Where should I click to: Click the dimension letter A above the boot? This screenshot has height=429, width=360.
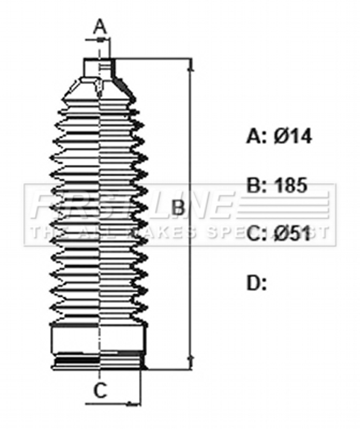click(100, 26)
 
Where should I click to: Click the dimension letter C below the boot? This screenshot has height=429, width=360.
click(100, 390)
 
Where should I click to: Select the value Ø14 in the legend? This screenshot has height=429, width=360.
click(292, 136)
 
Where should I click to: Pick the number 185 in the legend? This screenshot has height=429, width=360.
click(290, 185)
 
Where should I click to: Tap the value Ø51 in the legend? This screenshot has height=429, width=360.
click(292, 233)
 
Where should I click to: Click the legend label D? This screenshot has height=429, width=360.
click(257, 283)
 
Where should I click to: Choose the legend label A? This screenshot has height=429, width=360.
click(256, 136)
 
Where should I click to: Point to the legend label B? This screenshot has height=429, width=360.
click(257, 185)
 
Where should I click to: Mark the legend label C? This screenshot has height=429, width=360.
click(257, 233)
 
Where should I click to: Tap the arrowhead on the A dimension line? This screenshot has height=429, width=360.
click(101, 40)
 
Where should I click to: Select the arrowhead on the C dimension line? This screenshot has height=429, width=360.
click(134, 403)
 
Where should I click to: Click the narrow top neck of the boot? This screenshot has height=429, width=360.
click(99, 68)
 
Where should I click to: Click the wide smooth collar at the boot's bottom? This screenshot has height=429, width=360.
click(99, 338)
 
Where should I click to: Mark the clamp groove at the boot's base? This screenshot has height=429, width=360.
click(99, 361)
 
